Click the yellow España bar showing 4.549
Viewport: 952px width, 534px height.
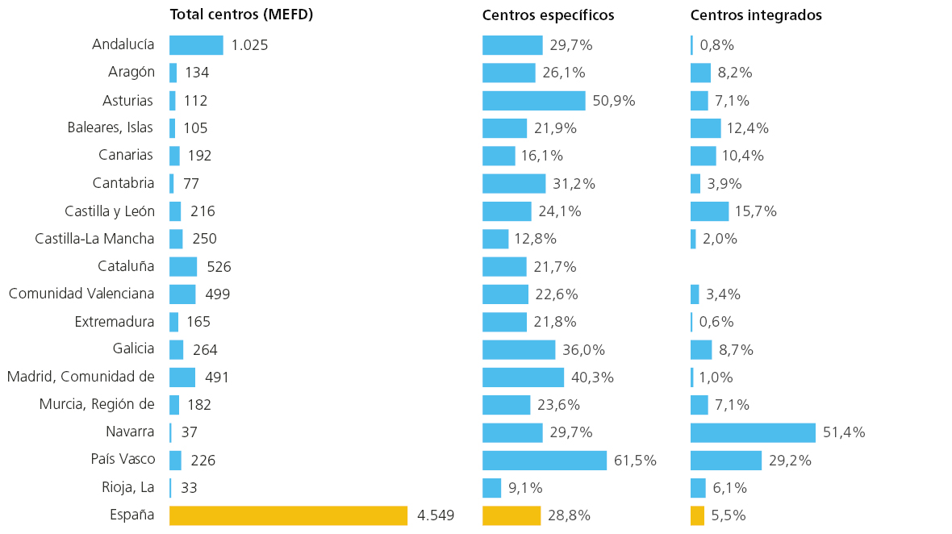tap(288, 515)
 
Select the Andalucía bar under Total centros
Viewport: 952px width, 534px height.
tap(196, 45)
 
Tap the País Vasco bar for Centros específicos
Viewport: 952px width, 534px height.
tap(545, 460)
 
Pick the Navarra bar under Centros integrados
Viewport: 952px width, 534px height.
tap(753, 432)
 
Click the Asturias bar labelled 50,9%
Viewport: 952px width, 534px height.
tap(534, 101)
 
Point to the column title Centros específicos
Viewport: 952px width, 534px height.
tap(549, 15)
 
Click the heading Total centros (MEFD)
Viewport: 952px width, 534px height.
tap(242, 15)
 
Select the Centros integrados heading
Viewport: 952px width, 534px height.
tap(756, 15)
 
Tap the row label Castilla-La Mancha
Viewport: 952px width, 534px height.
tap(94, 239)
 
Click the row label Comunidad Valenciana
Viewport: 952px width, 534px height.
tap(81, 294)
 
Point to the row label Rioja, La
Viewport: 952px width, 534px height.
tap(128, 487)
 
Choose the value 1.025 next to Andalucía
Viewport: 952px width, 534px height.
tap(249, 45)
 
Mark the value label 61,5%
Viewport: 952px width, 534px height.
tap(635, 461)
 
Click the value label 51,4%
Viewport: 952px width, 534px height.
tap(844, 432)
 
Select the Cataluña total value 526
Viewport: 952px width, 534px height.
tap(219, 267)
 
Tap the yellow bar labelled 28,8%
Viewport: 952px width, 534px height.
tap(511, 515)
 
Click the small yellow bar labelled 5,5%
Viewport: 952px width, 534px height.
tap(697, 515)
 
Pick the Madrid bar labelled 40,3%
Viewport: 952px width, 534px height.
tap(524, 378)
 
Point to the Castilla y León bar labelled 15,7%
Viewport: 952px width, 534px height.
tap(709, 211)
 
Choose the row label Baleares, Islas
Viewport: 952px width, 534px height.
tap(110, 128)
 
